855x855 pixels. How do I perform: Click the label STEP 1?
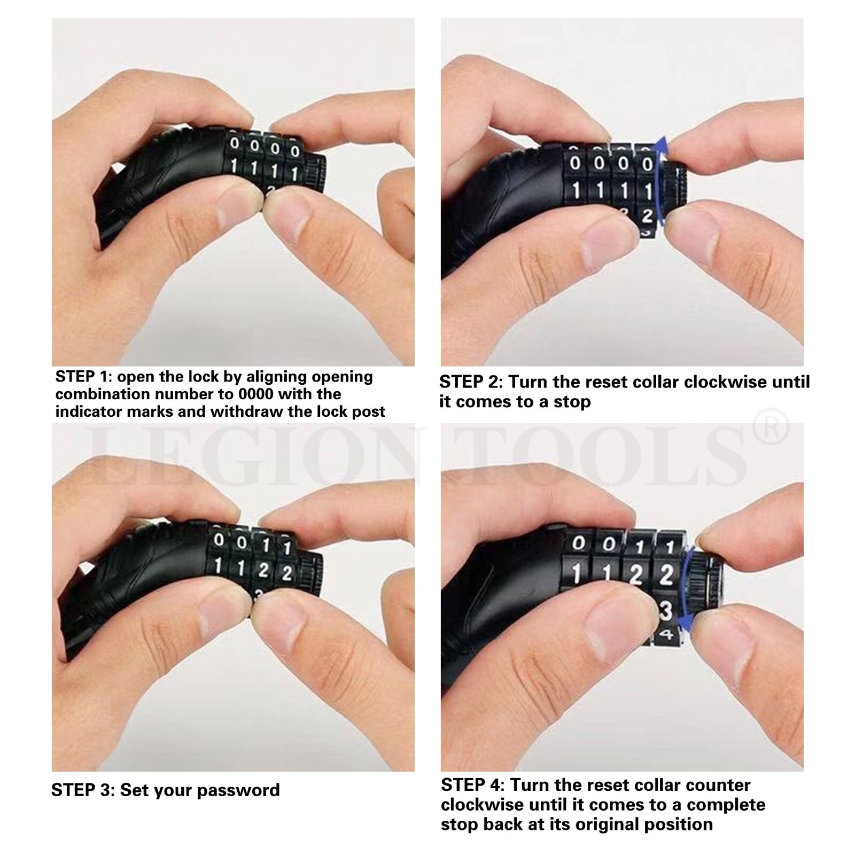tap(83, 377)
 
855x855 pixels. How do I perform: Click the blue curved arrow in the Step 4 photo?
tap(687, 588)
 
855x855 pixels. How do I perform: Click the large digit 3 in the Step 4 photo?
tap(666, 611)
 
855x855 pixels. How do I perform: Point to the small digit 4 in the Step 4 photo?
tap(666, 634)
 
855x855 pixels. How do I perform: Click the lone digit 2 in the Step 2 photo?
tap(647, 216)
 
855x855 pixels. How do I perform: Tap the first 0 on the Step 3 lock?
tap(219, 540)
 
